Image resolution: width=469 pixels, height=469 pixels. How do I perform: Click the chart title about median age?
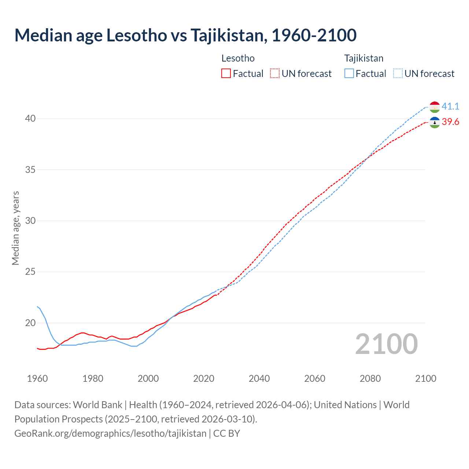point(185,36)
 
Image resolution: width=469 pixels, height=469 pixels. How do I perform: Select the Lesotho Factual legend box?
point(226,73)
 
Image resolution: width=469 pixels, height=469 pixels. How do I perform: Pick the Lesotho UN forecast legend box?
point(275,73)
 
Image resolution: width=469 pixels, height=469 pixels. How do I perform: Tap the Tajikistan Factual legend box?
point(349,73)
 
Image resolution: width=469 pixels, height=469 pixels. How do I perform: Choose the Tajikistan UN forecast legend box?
point(398,73)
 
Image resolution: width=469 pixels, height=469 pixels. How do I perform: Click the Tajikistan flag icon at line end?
point(435,107)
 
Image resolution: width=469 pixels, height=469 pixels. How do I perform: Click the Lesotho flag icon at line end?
point(435,122)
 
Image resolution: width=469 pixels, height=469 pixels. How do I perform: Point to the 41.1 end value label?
point(450,106)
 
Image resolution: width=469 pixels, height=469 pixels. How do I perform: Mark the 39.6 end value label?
point(450,122)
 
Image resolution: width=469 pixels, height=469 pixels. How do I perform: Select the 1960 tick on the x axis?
point(37,378)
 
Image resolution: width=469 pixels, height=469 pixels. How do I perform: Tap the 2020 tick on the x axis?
point(204,378)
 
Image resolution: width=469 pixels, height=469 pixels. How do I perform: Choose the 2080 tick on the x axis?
point(370,378)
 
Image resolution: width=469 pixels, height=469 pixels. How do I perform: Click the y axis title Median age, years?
point(15,228)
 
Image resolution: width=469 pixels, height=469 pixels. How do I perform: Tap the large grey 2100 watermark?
point(386,344)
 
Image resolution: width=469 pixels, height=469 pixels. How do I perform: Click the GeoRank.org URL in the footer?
point(110,433)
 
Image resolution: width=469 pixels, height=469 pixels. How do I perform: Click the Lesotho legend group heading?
point(238,58)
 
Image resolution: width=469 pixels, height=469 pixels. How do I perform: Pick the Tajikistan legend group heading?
point(363,58)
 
